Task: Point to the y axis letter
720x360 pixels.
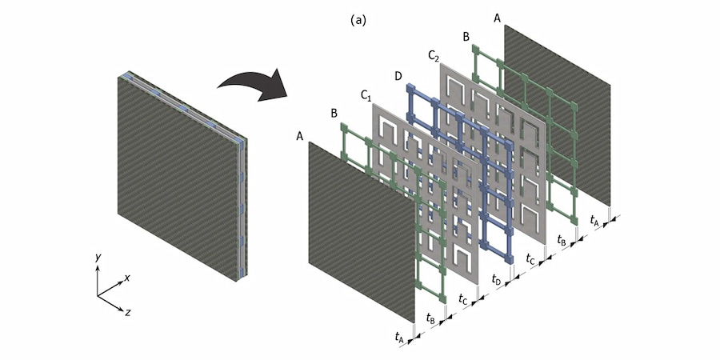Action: coord(97,258)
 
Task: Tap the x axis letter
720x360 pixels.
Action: coord(128,278)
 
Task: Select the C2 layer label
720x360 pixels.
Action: coord(434,55)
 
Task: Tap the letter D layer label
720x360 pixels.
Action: coord(398,75)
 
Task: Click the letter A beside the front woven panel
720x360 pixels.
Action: coord(299,137)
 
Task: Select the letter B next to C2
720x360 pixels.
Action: coord(466,37)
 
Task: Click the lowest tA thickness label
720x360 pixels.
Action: coord(399,338)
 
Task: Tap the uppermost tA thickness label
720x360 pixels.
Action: coord(594,218)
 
